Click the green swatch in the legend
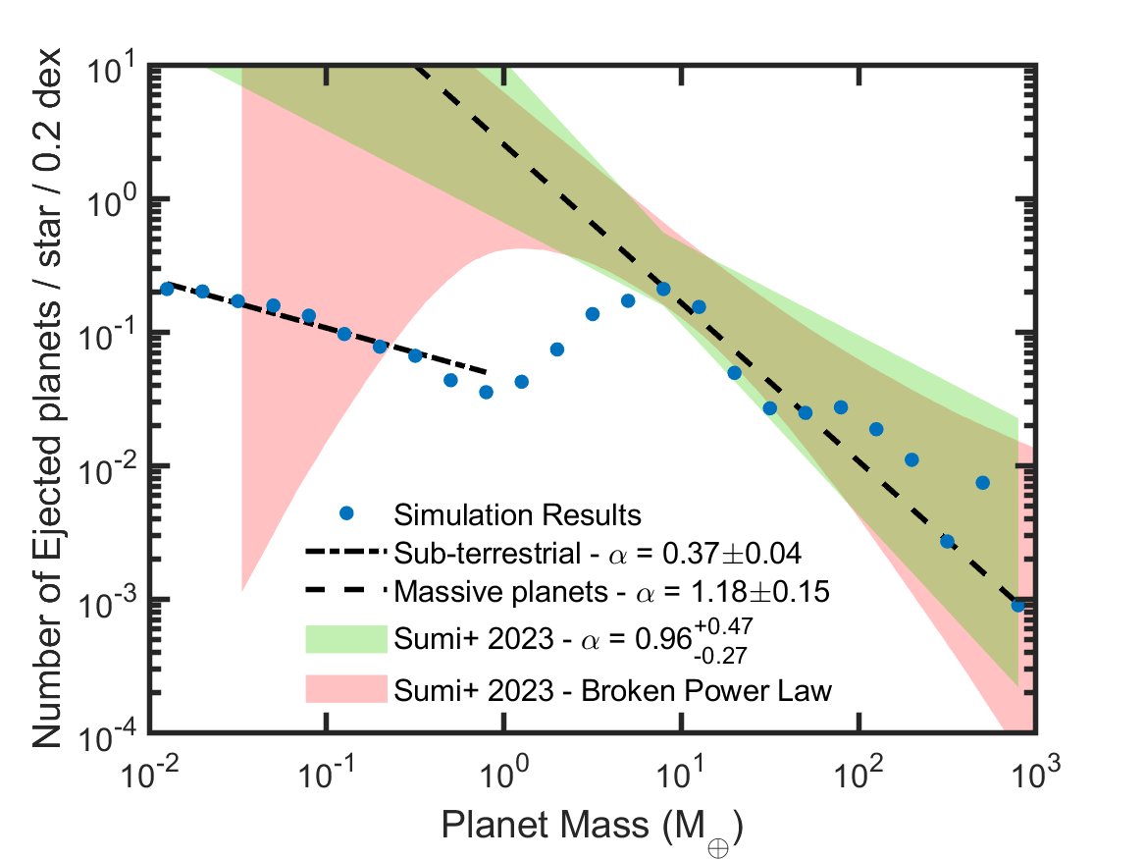point(342,637)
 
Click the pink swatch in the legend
point(342,690)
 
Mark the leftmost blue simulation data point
point(167,289)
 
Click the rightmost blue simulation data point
point(1017,606)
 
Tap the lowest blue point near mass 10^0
point(486,392)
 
